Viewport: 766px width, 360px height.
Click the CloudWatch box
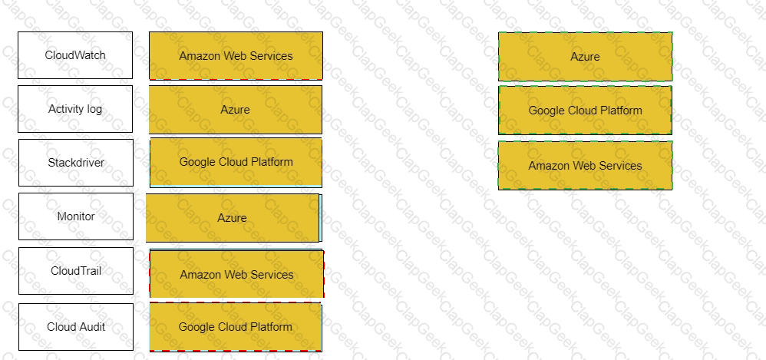[x=75, y=55]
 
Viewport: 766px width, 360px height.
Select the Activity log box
[x=75, y=109]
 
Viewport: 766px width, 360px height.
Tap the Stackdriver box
[x=76, y=163]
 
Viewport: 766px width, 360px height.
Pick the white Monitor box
[x=76, y=216]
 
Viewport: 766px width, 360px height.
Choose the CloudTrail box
[x=76, y=271]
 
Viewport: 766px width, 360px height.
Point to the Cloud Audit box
[x=76, y=327]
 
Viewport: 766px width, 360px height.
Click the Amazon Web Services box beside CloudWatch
[x=236, y=56]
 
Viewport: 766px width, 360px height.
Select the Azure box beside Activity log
[x=236, y=110]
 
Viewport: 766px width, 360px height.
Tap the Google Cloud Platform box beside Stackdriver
[x=236, y=163]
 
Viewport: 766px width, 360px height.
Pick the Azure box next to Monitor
[x=233, y=218]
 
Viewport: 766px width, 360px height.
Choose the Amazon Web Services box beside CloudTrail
[x=236, y=273]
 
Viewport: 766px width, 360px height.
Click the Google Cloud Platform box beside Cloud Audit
[x=236, y=327]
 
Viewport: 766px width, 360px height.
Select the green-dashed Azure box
[x=586, y=57]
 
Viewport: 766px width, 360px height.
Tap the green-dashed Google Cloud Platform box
[x=586, y=111]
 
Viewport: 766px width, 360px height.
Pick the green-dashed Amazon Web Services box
[x=586, y=166]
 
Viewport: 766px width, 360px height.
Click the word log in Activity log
[x=95, y=109]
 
